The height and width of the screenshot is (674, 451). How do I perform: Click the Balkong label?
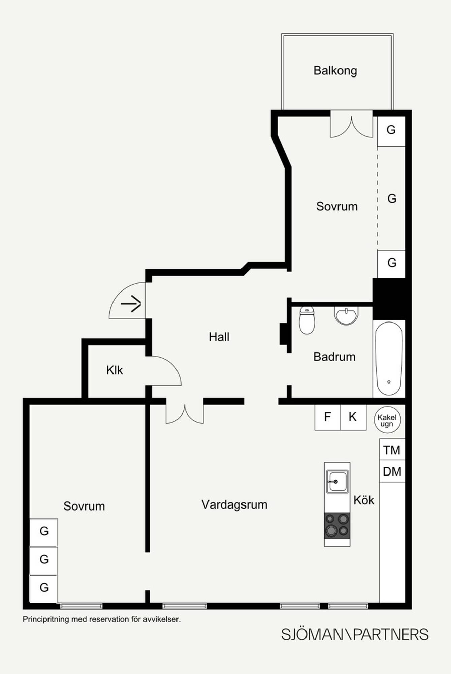click(335, 71)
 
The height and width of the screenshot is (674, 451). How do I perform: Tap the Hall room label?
click(219, 337)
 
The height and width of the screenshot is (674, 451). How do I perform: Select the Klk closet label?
click(115, 370)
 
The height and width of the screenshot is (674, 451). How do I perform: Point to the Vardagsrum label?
click(234, 505)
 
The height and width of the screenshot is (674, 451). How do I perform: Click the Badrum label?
click(334, 357)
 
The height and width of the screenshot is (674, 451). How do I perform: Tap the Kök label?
click(364, 500)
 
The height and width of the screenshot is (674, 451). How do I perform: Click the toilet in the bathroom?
click(307, 320)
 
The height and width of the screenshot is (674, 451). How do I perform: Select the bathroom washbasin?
click(346, 315)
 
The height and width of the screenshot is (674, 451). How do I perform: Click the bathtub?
click(389, 359)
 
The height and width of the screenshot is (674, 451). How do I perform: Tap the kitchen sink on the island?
click(337, 482)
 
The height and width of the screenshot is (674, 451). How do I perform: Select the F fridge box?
click(328, 417)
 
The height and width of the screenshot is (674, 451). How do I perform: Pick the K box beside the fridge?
click(353, 417)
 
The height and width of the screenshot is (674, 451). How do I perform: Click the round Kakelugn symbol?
click(387, 420)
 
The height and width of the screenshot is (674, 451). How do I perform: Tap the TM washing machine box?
click(392, 450)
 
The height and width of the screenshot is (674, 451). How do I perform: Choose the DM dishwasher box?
click(392, 471)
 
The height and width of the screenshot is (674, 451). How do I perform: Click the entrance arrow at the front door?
click(131, 304)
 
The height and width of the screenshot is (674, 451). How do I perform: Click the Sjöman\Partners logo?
click(355, 634)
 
